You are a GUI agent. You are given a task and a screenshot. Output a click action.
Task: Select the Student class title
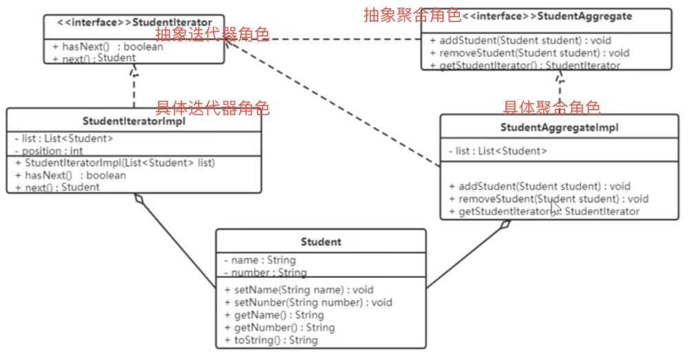point(321,242)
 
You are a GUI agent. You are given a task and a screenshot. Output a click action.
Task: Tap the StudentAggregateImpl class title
point(559,128)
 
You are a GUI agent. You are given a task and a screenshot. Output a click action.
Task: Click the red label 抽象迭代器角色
point(212,34)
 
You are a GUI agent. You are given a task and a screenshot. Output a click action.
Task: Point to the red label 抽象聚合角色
point(412,15)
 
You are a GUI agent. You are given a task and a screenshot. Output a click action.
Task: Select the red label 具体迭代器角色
point(212,108)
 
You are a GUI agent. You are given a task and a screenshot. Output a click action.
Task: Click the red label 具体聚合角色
point(552,107)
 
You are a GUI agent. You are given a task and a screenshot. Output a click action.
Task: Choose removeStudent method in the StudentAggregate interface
point(529,53)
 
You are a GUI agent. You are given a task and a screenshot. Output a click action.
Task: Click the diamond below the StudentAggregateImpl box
point(506,225)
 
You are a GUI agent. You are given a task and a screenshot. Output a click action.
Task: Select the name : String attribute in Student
point(259,260)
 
